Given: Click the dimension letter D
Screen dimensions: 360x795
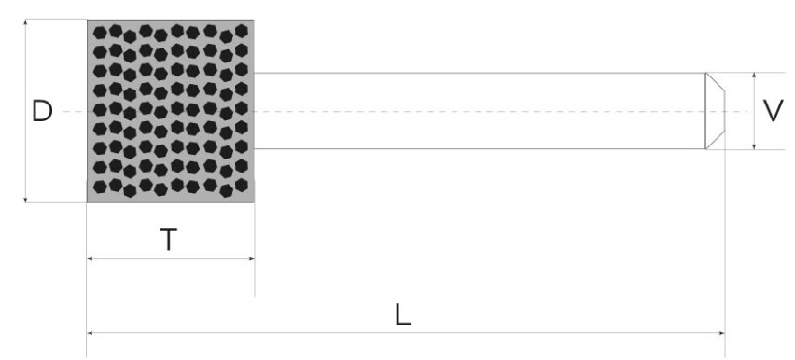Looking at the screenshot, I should pos(42,112).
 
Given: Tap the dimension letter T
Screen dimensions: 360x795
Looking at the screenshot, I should pos(168,239).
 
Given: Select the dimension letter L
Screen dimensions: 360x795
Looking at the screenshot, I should pos(402,314).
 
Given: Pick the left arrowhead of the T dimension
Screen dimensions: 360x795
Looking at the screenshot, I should pos(91,258).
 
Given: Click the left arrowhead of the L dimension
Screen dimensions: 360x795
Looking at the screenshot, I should pos(91,331).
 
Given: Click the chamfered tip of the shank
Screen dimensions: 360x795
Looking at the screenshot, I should pos(715,111).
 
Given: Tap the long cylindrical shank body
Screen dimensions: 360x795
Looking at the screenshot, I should pos(476,111).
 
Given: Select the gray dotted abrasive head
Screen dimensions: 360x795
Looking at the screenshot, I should pos(170,111).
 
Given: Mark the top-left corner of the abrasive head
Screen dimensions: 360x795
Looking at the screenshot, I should pos(88,20).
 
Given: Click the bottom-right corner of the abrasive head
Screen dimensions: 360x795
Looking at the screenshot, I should pos(254,201).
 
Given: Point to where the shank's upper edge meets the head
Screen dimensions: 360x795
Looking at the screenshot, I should pos(254,73).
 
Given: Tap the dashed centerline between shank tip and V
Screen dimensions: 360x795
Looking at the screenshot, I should pos(739,112).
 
